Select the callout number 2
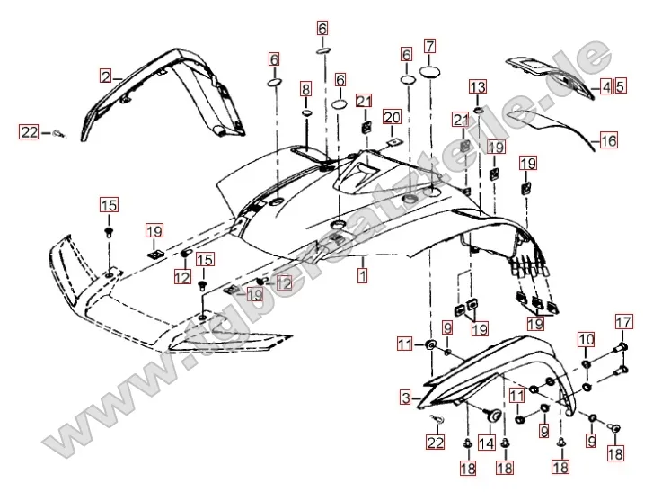point(106,76)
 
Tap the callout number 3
point(406,397)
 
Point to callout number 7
point(430,45)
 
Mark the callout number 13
point(478,87)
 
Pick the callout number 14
point(487,443)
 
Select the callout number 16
point(609,140)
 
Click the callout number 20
point(391,117)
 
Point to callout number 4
point(606,86)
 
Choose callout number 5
point(620,86)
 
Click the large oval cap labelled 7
point(430,72)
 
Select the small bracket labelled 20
point(393,141)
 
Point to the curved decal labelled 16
point(548,126)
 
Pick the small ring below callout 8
point(306,115)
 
